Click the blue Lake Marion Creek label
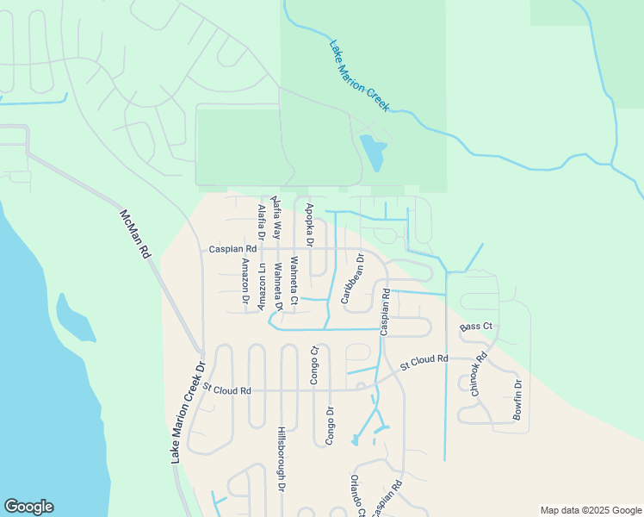[361, 75]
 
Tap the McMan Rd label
[136, 234]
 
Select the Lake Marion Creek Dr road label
[188, 412]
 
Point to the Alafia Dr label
[261, 222]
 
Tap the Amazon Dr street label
[245, 282]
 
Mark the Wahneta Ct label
[294, 281]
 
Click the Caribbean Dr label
[351, 278]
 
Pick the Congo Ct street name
[315, 364]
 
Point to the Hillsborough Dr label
[281, 458]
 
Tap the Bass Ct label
[475, 327]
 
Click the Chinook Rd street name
[478, 373]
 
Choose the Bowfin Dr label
[517, 400]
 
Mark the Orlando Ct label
[357, 495]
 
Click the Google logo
[28, 507]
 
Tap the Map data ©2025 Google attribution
[590, 510]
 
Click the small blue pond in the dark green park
[373, 153]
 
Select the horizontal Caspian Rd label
[227, 249]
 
